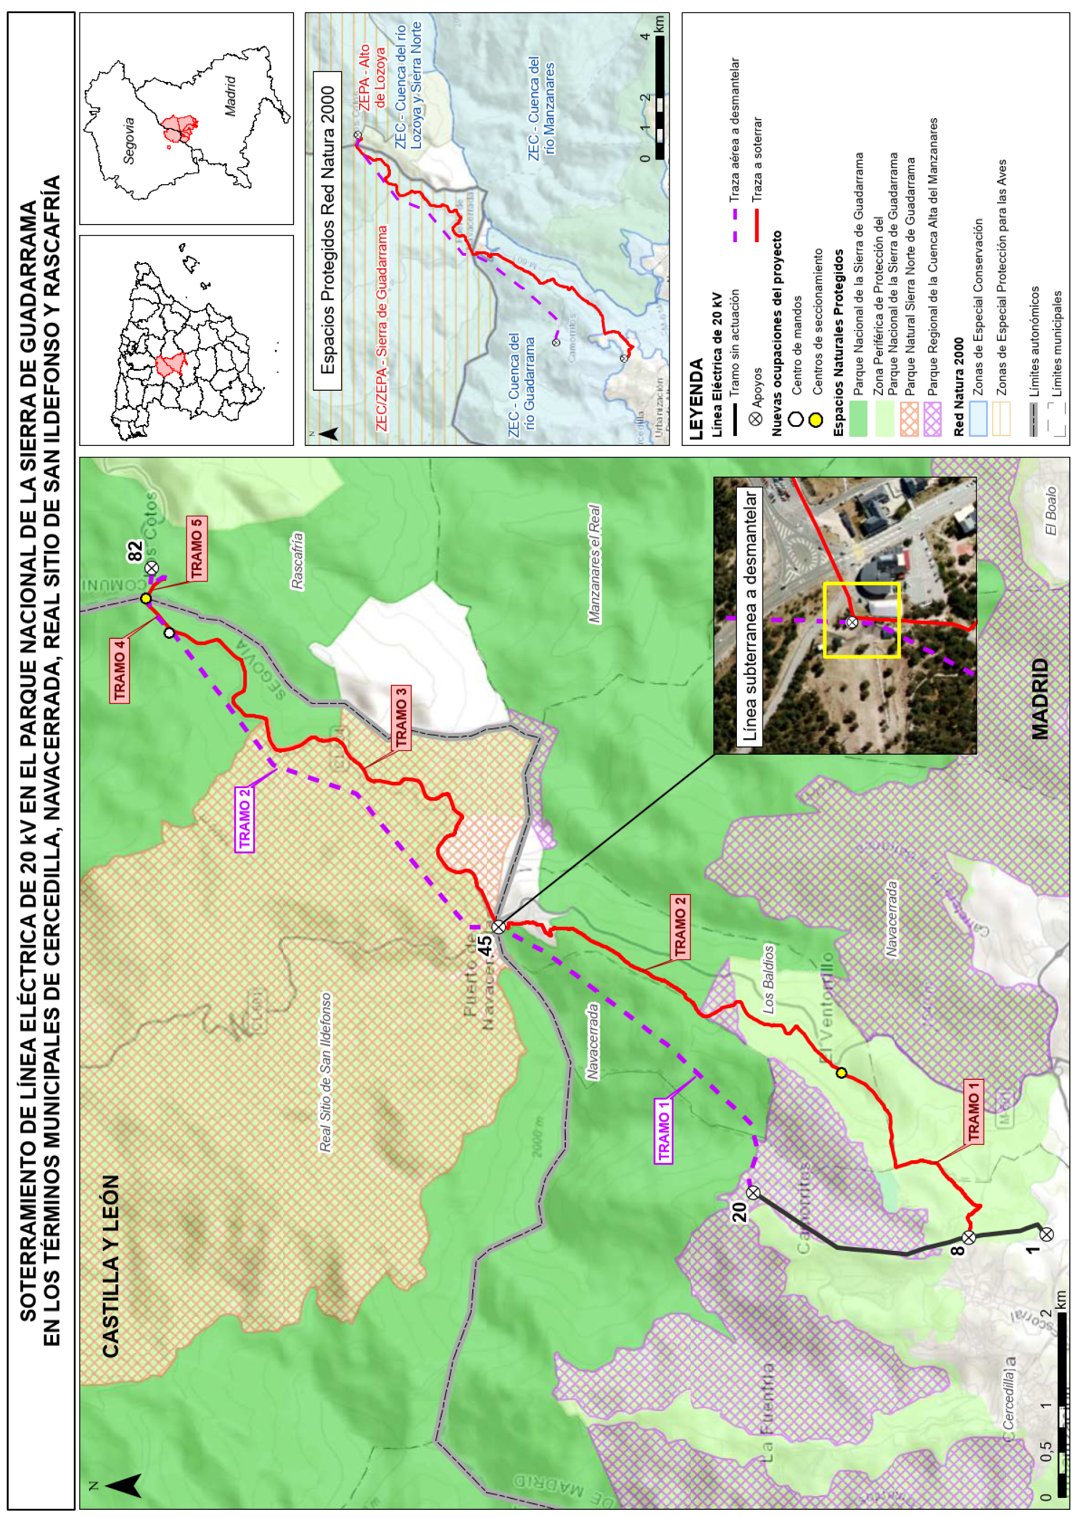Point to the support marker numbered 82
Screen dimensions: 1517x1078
point(152,568)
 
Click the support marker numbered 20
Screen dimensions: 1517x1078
point(753,1192)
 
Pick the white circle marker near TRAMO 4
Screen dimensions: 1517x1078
point(169,633)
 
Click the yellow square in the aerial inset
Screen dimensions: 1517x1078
point(862,620)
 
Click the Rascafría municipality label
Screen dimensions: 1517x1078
point(297,561)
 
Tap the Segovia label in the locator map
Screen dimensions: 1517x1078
point(130,140)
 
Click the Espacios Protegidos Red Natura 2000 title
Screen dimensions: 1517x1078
point(327,230)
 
